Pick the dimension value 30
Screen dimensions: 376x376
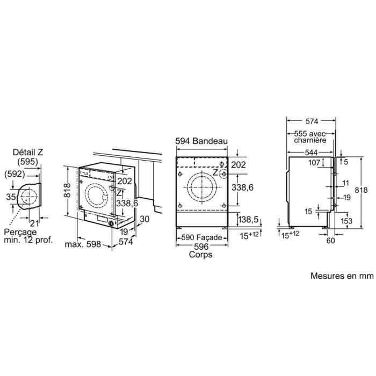pos(143,219)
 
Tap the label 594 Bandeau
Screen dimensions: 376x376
pos(201,141)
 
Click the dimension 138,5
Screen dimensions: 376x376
pos(248,220)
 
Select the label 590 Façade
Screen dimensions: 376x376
pos(201,236)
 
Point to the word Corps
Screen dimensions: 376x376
pos(200,255)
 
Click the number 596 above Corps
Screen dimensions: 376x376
pos(200,246)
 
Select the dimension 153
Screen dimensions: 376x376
pos(346,221)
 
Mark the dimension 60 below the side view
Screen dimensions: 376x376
pos(330,241)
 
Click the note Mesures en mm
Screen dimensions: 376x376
pos(341,276)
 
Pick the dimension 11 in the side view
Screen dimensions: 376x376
pos(345,183)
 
